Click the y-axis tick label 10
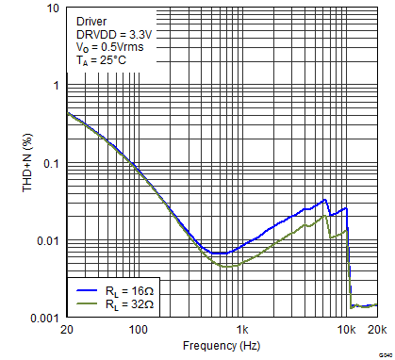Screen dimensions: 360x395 [53, 9]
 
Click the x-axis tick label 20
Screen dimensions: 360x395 [67, 331]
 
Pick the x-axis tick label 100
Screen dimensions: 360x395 [138, 331]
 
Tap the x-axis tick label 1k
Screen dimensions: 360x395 [242, 331]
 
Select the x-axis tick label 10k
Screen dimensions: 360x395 [347, 331]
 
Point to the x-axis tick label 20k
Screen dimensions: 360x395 [376, 331]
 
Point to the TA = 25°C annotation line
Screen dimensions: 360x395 [101, 60]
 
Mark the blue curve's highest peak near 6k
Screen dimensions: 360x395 [325, 200]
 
